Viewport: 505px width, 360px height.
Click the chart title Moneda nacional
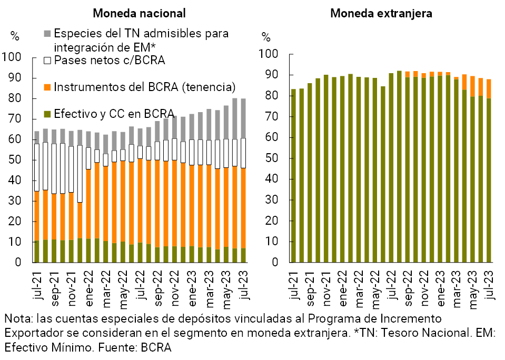pos(139,13)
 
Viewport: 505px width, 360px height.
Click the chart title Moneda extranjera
pos(381,13)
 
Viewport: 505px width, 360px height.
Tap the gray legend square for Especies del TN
pos(47,34)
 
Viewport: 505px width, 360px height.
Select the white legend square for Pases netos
pos(47,61)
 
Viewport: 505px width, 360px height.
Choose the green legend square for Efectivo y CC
pos(47,113)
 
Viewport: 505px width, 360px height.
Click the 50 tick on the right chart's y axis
pos(270,158)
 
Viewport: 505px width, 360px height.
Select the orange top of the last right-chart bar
pos(489,88)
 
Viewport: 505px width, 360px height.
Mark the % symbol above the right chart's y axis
pos(266,37)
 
